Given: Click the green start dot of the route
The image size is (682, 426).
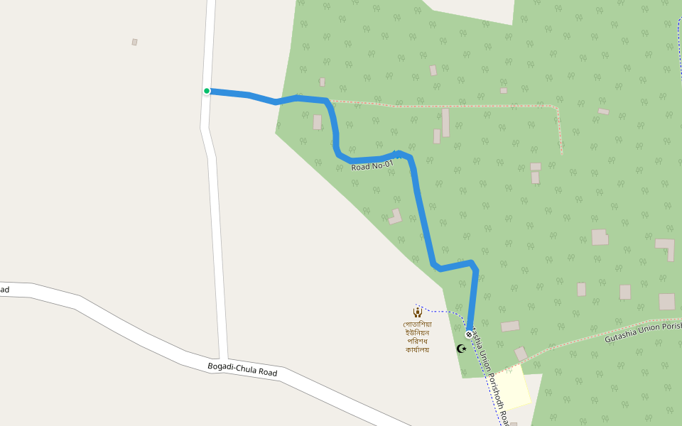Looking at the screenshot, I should click(207, 91).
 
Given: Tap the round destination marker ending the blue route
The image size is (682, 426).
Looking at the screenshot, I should click(469, 334).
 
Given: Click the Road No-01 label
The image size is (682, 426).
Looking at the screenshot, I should click(372, 165).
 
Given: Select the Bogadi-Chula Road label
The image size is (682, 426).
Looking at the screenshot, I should click(242, 369).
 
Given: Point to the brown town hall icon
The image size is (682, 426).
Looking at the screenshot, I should click(418, 312).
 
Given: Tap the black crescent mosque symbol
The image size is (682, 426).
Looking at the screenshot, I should click(461, 349).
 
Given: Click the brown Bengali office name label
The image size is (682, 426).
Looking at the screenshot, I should click(418, 337).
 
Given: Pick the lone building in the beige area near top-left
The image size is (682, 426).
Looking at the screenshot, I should click(134, 42).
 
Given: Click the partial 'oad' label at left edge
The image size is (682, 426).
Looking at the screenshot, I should click(4, 290).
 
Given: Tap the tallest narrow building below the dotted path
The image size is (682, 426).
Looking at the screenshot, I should click(445, 122).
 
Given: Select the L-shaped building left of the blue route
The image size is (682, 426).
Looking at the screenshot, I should click(395, 216).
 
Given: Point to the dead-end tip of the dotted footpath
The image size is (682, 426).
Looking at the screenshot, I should click(561, 153).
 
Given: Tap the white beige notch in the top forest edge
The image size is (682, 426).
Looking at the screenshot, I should click(469, 11).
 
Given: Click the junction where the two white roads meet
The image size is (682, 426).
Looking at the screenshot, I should click(223, 359).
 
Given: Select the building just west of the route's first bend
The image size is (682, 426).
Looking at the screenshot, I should click(317, 122).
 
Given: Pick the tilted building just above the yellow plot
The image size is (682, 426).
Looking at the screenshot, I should click(521, 354).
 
